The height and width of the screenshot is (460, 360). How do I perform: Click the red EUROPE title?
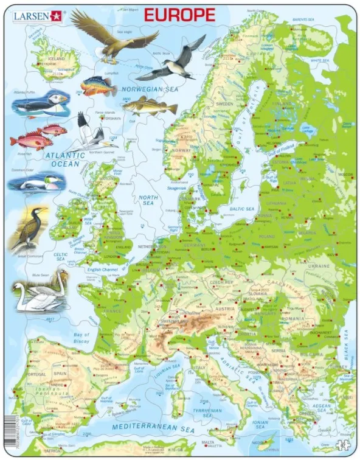pyautogui.click(x=179, y=15)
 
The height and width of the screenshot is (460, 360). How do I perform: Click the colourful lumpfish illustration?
pyautogui.click(x=99, y=86)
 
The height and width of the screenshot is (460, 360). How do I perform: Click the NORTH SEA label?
pyautogui.click(x=148, y=201)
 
